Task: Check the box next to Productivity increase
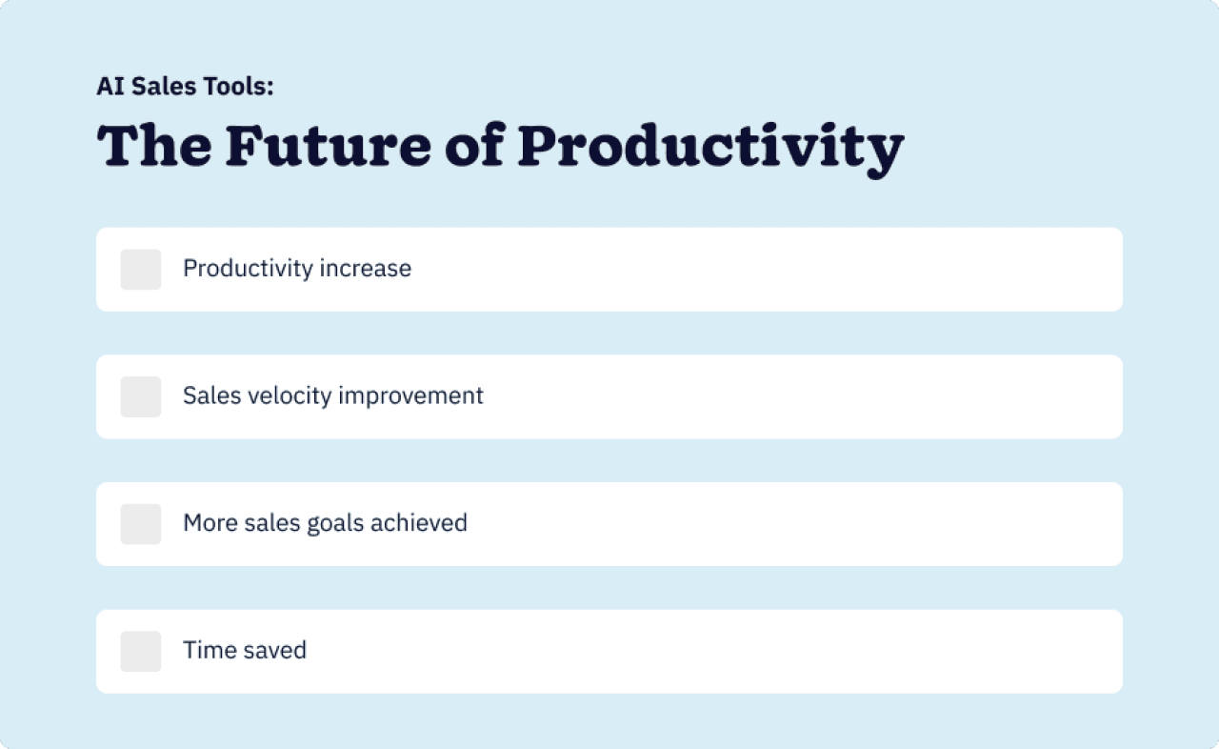coord(141,270)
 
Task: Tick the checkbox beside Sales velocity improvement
coord(141,396)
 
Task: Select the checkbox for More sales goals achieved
coord(141,524)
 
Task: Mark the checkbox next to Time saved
coord(141,651)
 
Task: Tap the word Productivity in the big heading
coord(710,146)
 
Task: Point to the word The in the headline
coord(153,146)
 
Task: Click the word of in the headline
coord(474,146)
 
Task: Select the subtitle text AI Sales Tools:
coord(185,87)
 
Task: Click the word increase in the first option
coord(366,269)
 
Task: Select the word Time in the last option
coord(204,651)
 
